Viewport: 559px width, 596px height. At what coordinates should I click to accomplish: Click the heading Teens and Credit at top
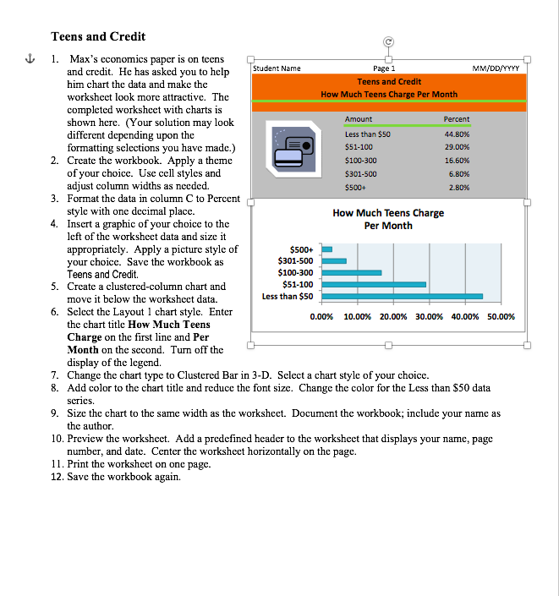coord(98,36)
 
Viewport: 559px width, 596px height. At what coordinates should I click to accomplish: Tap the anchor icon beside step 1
coord(31,59)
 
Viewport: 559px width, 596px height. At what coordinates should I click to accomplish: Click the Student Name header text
coord(277,68)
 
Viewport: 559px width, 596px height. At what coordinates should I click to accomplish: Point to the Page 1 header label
coord(384,68)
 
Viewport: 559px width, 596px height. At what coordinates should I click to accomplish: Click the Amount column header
coord(359,119)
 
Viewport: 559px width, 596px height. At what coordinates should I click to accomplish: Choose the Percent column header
coord(456,119)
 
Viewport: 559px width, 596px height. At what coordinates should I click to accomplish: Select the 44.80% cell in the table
coord(456,134)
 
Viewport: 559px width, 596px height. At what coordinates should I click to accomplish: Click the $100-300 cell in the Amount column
coord(361,160)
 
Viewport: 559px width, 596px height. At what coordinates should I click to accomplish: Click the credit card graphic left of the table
coord(292,148)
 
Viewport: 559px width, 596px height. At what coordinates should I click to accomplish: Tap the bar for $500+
coord(326,249)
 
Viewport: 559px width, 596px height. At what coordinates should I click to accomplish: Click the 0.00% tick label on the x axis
coord(322,317)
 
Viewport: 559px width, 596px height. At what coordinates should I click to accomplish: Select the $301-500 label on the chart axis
coord(295,261)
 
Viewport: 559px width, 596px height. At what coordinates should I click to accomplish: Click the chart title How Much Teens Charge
coord(388,213)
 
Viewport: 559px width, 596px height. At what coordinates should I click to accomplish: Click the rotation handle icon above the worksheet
coord(388,40)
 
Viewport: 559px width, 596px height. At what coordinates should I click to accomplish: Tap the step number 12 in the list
coord(58,475)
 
